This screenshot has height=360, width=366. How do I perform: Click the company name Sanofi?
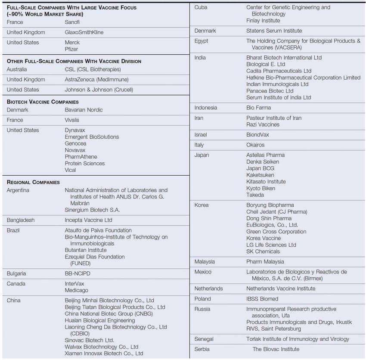pos(72,22)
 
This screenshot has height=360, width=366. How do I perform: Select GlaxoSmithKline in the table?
pos(84,32)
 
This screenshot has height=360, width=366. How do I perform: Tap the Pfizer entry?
pos(71,49)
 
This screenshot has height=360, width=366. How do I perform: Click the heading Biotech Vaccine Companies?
pos(43,102)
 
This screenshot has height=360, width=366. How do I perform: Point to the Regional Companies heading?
pos(33,182)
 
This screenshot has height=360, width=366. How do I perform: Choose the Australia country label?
pos(17,69)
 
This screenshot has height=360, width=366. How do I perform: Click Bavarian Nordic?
pos(84,110)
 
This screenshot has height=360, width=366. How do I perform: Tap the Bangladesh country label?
pos(21,220)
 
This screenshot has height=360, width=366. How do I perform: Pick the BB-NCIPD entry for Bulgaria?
pos(78,273)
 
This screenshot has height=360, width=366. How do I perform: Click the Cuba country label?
pos(201,7)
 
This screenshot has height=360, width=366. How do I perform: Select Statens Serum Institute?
pos(274,31)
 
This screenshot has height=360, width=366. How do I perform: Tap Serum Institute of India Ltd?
pos(278,97)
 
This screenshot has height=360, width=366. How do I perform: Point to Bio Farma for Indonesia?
pos(258,108)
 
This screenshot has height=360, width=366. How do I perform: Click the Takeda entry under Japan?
pos(255,195)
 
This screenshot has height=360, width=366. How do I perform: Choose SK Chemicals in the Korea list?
pos(263,251)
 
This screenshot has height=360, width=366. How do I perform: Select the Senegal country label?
pos(204,339)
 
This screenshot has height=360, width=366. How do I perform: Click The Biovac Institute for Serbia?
pos(276,349)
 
